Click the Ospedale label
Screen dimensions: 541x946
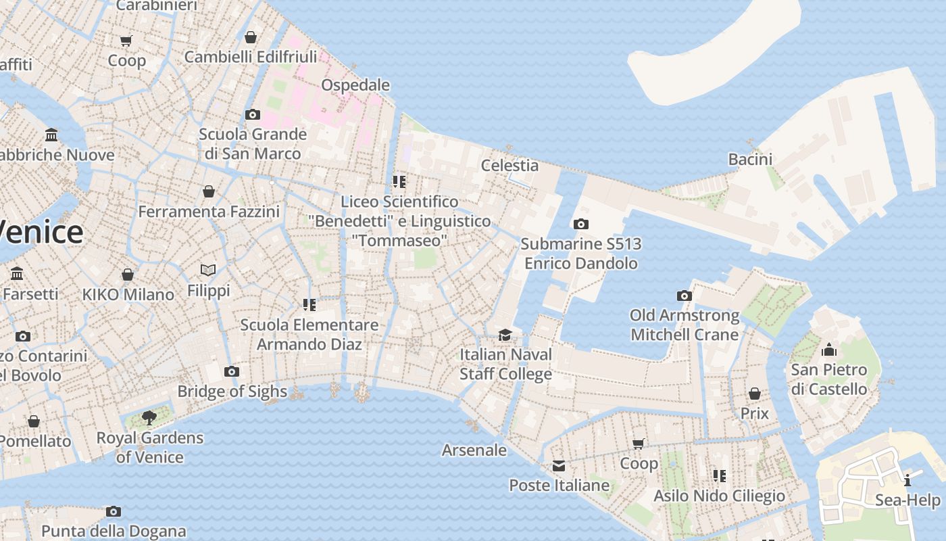click(355, 85)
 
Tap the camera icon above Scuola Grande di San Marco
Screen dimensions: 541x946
click(253, 114)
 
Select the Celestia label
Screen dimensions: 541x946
click(509, 166)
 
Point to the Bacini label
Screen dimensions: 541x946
click(750, 160)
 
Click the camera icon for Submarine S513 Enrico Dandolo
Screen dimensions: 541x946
click(580, 225)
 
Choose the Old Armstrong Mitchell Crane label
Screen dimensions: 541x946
click(684, 325)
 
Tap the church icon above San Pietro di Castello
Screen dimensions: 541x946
click(828, 350)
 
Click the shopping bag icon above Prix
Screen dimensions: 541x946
click(755, 394)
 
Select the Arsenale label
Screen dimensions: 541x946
click(474, 450)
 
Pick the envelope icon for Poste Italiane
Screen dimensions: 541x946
click(559, 466)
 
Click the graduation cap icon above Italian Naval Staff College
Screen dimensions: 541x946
click(505, 335)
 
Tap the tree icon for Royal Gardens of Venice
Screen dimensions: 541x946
click(149, 418)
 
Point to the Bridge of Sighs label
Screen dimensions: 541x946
click(232, 392)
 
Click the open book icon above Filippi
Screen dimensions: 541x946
click(208, 270)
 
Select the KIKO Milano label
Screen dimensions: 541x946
click(128, 295)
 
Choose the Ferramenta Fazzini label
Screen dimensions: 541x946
click(209, 212)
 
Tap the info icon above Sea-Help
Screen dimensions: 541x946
click(907, 481)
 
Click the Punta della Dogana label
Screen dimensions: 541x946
click(114, 532)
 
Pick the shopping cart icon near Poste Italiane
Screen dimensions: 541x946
click(639, 444)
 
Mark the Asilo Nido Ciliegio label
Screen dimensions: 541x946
click(719, 496)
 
